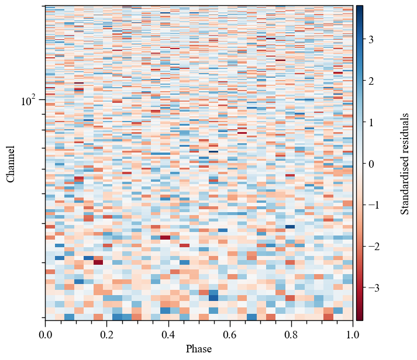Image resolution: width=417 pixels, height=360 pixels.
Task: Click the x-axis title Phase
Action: pos(199,349)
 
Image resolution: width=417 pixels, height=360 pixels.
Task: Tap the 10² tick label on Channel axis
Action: pos(29,101)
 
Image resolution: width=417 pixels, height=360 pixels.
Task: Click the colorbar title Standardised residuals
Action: pos(405,164)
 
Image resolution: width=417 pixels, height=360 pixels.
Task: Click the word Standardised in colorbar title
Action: pos(405,183)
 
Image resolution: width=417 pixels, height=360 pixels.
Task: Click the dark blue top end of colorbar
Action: pos(359,8)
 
